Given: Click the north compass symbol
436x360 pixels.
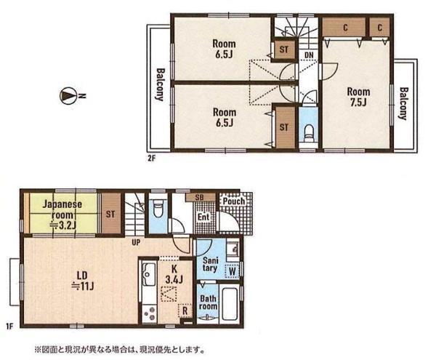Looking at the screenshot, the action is coord(68,96).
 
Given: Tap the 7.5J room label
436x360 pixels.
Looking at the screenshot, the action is coord(358,97).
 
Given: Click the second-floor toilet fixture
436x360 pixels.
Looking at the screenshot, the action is coord(308,133).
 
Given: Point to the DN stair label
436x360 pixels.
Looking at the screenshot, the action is coord(309,55).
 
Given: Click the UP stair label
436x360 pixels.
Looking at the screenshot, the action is coord(136,243).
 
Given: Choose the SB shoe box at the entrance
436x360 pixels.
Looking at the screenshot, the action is coord(200,198).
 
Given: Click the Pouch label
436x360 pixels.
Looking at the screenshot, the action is coord(234,201).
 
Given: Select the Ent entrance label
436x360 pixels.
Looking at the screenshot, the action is coord(203,217).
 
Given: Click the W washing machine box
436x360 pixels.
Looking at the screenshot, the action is coord(233,271).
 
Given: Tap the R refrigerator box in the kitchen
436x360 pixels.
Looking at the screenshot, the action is coord(185,311).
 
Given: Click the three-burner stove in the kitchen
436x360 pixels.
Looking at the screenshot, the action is coord(150,313).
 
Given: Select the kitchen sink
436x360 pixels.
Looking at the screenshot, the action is coord(148,273).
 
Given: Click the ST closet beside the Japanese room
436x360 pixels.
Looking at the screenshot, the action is coord(111,214).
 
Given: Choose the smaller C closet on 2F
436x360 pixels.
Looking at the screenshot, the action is coord(379,27).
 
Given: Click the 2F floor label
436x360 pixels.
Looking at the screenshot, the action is coord(151,159).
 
